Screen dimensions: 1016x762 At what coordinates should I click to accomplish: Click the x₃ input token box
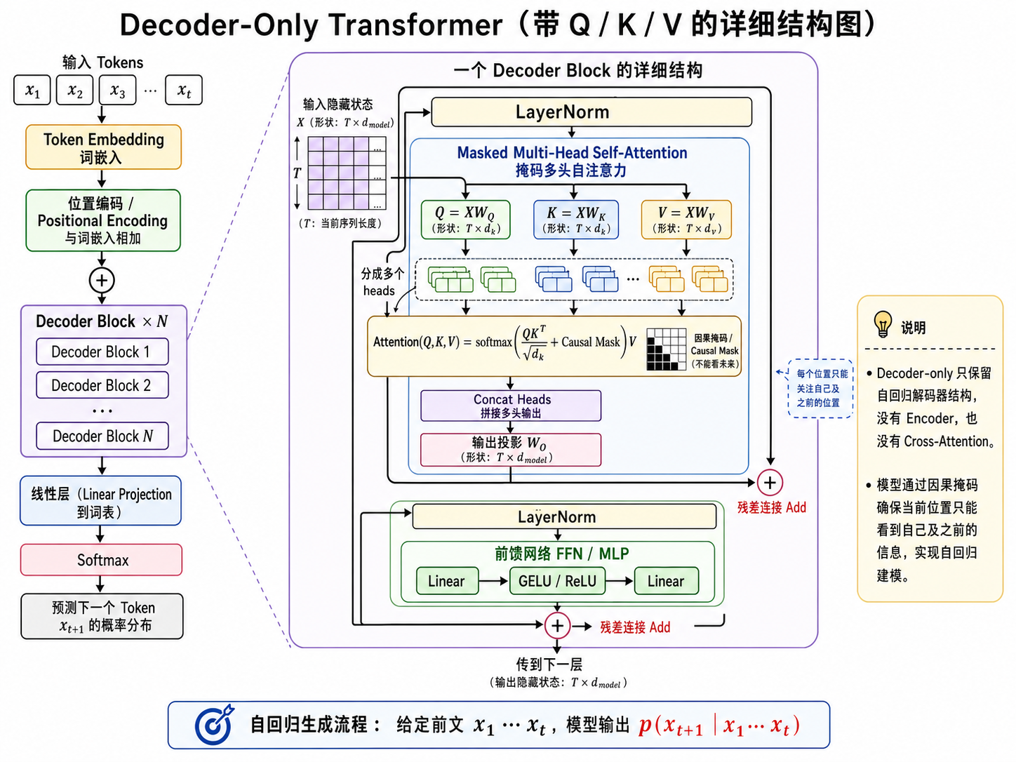[118, 90]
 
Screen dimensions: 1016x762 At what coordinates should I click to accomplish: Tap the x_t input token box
[184, 90]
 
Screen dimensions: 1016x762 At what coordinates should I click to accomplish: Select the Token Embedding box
[104, 147]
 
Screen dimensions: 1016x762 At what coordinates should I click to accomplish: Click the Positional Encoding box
[103, 221]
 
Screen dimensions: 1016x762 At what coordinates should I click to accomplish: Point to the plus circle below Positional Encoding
[102, 281]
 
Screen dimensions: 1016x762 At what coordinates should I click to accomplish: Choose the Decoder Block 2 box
[102, 385]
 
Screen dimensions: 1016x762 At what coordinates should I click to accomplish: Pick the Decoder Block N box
[102, 436]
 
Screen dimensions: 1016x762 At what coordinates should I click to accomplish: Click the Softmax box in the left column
[101, 560]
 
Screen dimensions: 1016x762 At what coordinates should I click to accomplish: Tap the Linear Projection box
[101, 500]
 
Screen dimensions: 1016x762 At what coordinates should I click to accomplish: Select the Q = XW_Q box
[466, 220]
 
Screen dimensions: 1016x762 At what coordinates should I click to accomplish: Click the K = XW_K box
[576, 220]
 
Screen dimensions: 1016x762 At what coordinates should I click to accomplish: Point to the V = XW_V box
[686, 220]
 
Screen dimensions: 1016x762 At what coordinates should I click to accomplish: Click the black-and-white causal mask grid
[666, 349]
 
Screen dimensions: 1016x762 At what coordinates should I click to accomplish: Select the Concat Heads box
[511, 406]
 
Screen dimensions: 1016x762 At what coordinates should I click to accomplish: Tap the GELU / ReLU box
[557, 581]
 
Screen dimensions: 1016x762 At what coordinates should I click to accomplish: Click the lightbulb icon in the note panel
[883, 324]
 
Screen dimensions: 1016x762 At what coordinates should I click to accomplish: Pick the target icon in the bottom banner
[214, 725]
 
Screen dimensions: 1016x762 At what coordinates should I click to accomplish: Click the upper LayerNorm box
[591, 112]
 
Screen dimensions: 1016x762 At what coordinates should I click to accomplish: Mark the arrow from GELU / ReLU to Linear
[620, 581]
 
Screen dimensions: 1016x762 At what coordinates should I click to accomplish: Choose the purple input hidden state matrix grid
[347, 173]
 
